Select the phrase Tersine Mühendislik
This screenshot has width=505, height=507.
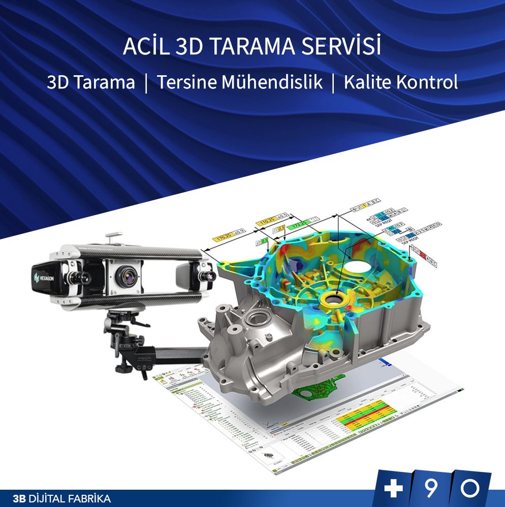(x=239, y=82)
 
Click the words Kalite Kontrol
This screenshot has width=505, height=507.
(x=400, y=82)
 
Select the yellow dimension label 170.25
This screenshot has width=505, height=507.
(x=224, y=237)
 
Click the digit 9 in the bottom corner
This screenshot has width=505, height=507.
(x=431, y=489)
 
